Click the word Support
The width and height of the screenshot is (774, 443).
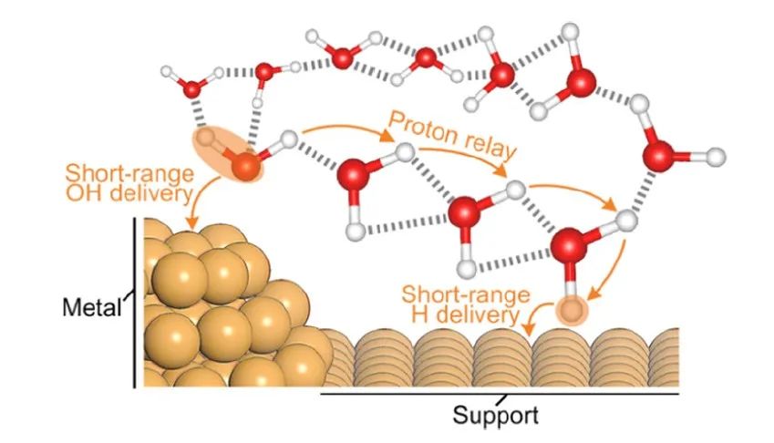(x=497, y=416)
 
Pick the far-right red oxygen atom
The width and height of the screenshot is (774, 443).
(x=660, y=156)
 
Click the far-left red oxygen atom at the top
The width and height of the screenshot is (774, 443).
(x=193, y=88)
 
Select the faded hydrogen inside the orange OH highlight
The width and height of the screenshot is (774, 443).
(x=212, y=139)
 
